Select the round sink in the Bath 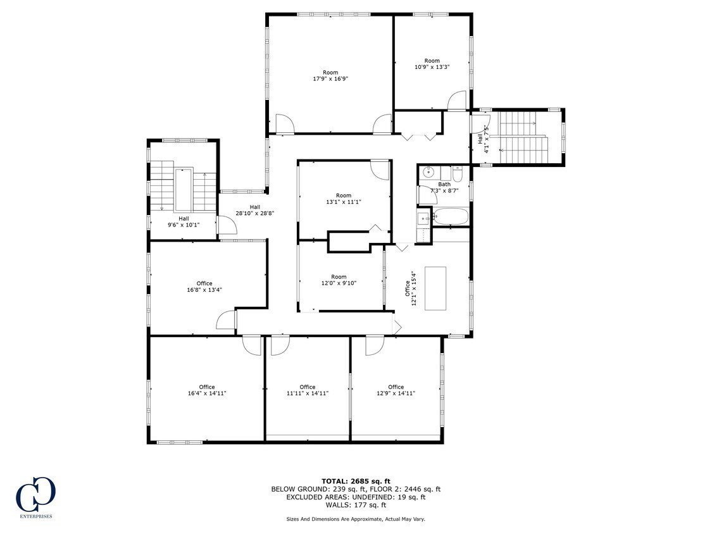428,172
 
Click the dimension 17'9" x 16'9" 330,78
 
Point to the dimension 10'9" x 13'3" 432,67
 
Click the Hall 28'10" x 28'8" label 255,210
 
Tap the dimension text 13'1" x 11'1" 344,202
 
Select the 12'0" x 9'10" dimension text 339,283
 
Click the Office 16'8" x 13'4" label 204,287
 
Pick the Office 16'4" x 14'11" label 207,390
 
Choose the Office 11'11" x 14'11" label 308,390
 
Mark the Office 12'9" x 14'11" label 396,390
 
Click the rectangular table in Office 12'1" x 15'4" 435,289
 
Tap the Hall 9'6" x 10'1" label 184,221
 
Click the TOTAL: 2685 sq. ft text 356,481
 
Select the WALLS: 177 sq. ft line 356,504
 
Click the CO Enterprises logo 35,494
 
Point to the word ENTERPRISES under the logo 35,516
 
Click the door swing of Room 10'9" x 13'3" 457,101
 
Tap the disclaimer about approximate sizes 356,519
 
